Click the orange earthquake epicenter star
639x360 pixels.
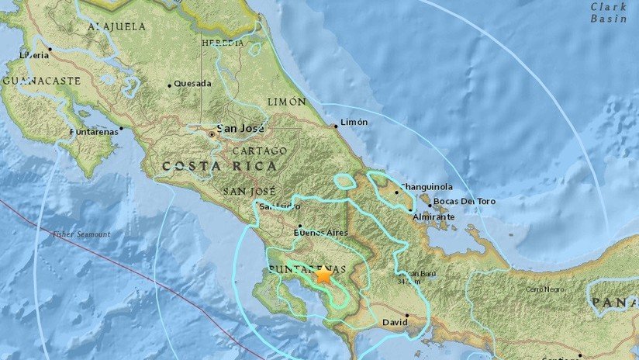click(323, 275)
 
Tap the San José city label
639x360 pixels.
click(240, 128)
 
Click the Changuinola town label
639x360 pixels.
click(429, 189)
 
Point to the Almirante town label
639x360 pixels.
click(434, 218)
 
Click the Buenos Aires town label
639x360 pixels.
click(321, 231)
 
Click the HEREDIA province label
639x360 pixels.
click(223, 43)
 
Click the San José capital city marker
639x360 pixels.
click(212, 134)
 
